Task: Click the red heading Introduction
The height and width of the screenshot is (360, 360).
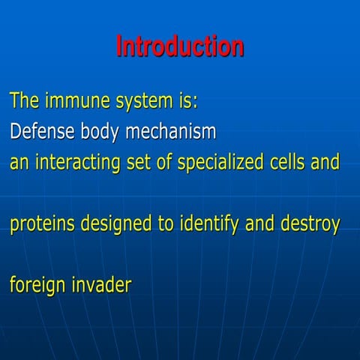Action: [180, 46]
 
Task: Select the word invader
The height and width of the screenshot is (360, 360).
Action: [101, 286]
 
